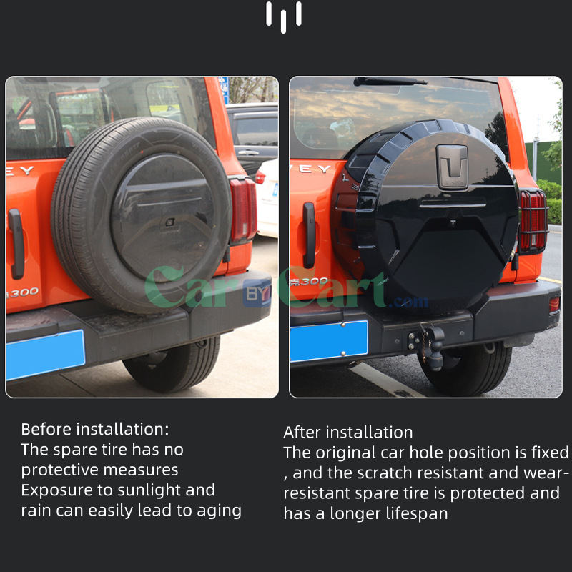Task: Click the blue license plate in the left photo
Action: tap(45, 355)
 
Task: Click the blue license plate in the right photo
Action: tap(328, 341)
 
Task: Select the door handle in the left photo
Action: tap(16, 244)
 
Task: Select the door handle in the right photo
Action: tap(309, 235)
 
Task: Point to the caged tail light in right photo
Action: tap(532, 221)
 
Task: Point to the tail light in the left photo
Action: tap(243, 210)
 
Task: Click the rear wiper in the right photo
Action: tap(390, 82)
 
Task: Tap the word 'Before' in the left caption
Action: tap(46, 429)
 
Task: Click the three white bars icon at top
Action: tap(284, 16)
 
